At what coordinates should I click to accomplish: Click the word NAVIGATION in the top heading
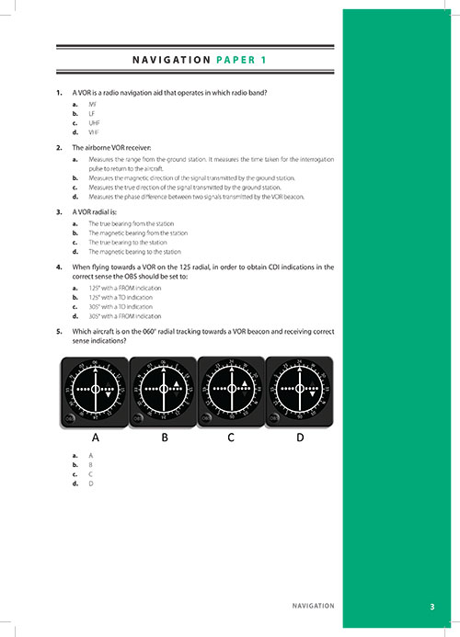pos(171,60)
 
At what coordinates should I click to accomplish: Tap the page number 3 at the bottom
pos(431,607)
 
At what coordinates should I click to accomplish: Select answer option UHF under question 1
pos(94,122)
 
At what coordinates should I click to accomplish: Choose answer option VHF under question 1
pos(94,131)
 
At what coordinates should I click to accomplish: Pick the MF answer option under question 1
pos(92,105)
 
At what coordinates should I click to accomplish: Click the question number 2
pos(59,147)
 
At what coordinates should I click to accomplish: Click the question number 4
pos(59,266)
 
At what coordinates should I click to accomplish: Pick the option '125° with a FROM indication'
pos(124,288)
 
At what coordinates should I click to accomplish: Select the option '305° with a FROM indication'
pos(124,315)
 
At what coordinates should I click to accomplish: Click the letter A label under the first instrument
pos(95,438)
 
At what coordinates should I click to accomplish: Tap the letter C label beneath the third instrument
pos(232,438)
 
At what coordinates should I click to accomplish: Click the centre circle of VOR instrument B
pos(164,390)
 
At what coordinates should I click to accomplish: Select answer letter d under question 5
pos(75,483)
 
